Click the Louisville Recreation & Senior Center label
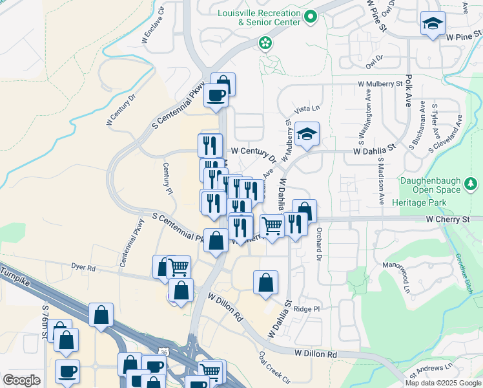point(259,17)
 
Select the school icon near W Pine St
point(433,25)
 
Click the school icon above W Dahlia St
point(307,134)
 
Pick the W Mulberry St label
point(385,84)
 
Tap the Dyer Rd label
point(83,266)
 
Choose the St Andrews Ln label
point(437,368)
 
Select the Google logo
point(21,380)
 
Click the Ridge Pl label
point(307,309)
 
